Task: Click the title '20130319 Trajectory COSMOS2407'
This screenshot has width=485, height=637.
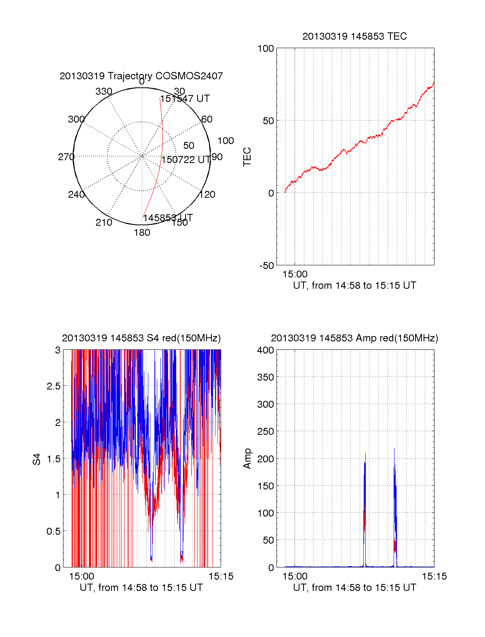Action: (x=141, y=76)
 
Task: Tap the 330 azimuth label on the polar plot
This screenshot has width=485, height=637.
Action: (x=103, y=91)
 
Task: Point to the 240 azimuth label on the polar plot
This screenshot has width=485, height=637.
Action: (x=76, y=195)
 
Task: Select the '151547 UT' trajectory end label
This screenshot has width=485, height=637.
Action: (x=185, y=99)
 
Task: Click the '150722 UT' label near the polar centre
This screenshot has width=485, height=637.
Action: (x=186, y=160)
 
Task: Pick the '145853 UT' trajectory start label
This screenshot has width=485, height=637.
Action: (x=168, y=218)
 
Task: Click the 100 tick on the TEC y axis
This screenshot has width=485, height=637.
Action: (x=266, y=49)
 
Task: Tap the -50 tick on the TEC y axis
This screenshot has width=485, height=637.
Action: (x=266, y=266)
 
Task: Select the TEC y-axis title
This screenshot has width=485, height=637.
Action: (x=247, y=157)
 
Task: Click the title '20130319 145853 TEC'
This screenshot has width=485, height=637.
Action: (x=354, y=36)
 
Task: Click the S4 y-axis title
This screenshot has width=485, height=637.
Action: (x=37, y=459)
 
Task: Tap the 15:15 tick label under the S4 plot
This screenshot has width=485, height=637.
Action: (x=221, y=576)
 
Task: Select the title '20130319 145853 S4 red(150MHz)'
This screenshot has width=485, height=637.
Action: (x=141, y=338)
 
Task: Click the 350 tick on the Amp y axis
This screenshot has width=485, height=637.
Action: (x=266, y=377)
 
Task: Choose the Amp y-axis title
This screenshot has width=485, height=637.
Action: (x=247, y=459)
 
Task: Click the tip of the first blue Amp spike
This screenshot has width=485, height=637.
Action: (x=365, y=453)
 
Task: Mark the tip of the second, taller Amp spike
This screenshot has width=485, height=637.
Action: (x=394, y=448)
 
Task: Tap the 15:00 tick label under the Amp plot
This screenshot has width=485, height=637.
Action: (x=295, y=576)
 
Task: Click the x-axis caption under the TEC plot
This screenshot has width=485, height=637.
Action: (x=354, y=286)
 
